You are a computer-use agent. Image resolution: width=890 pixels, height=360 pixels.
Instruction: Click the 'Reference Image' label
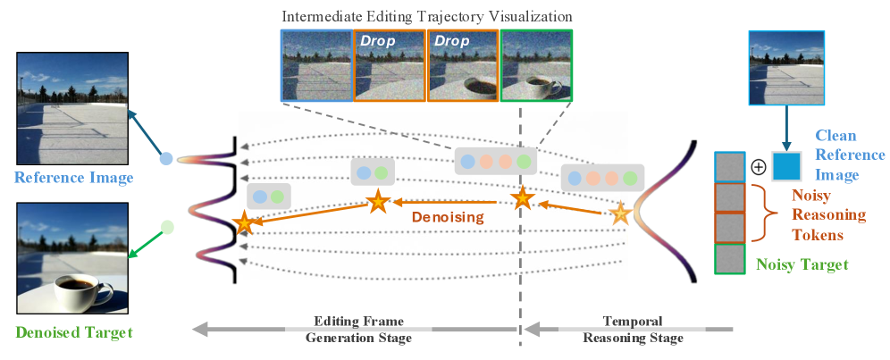click(x=74, y=179)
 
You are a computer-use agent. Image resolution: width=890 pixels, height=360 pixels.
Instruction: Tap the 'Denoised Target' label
click(x=74, y=333)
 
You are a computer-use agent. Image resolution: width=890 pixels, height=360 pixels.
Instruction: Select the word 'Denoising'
click(x=447, y=216)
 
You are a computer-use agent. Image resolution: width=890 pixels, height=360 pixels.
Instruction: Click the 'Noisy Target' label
click(x=801, y=264)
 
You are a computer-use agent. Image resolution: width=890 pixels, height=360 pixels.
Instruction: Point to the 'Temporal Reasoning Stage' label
click(x=632, y=330)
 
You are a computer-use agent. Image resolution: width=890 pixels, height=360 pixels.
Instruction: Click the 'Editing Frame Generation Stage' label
click(x=358, y=330)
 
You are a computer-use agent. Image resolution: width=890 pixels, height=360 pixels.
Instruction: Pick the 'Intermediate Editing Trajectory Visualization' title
click(x=427, y=16)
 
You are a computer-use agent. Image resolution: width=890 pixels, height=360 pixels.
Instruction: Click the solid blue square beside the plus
click(x=786, y=167)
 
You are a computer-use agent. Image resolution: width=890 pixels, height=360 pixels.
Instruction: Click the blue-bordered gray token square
click(x=730, y=167)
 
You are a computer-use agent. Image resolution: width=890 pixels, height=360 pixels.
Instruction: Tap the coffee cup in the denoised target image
click(x=80, y=289)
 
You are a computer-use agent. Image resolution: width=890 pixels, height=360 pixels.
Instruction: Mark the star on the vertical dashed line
click(x=521, y=199)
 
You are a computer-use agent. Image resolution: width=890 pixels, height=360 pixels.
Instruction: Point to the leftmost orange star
click(x=243, y=223)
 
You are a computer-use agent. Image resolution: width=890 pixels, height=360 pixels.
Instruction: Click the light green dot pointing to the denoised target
click(x=167, y=227)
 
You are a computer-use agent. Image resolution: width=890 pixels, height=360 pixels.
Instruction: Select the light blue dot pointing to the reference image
click(x=165, y=162)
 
